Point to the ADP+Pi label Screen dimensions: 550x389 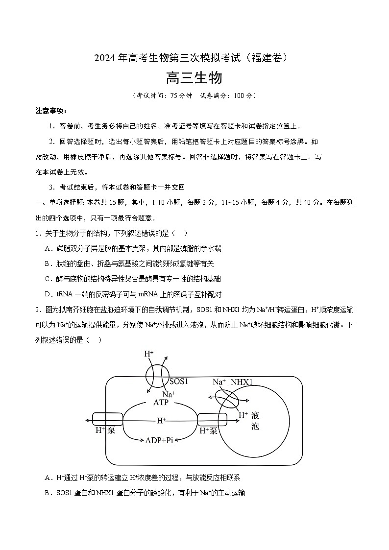point(160,440)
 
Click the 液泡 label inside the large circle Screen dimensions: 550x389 point(255,421)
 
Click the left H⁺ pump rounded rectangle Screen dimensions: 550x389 point(107,420)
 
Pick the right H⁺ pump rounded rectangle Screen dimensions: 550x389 point(212,420)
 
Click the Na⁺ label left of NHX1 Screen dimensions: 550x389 point(219,382)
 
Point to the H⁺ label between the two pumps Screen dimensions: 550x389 point(161,420)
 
